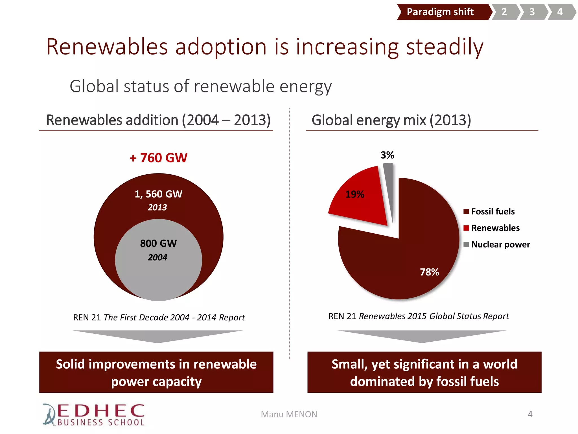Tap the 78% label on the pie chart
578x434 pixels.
429,272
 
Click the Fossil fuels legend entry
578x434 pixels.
489,211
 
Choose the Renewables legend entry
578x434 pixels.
492,228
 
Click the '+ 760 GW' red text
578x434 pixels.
158,158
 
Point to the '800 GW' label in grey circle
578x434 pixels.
158,243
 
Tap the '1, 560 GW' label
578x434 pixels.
158,194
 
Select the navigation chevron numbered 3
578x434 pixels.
532,12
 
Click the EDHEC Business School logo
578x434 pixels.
94,415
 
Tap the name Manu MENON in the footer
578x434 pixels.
289,414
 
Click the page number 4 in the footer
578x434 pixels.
530,414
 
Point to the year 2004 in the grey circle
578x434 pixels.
157,257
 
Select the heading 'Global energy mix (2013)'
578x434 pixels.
391,120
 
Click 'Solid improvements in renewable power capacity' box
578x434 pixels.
156,372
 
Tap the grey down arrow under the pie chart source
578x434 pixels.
422,336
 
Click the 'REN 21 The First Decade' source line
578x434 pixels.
159,317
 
